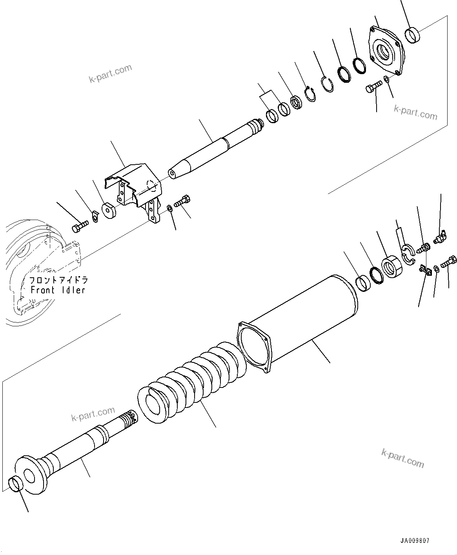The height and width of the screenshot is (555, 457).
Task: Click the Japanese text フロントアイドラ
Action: [58, 280]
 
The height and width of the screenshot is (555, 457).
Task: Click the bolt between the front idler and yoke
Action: [80, 227]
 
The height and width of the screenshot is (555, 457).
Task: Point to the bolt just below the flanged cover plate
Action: [375, 87]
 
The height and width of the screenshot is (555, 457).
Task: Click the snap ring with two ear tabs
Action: [311, 95]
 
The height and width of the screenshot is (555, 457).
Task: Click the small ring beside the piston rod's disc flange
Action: [15, 483]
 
